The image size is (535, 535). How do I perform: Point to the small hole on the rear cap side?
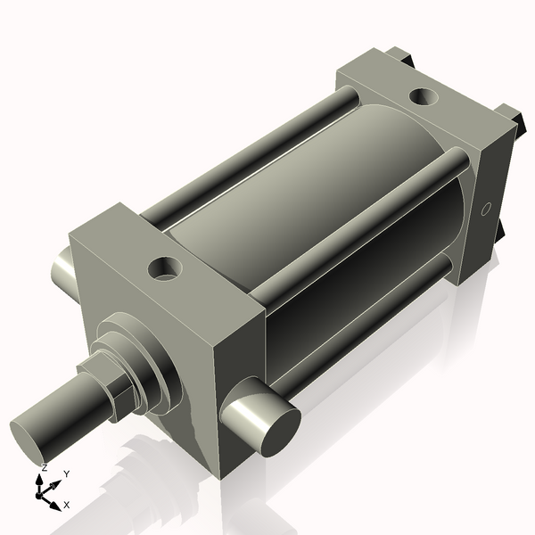point(486,210)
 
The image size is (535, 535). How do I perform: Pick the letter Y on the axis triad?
point(66,473)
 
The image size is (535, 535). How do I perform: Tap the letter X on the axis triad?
point(66,505)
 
